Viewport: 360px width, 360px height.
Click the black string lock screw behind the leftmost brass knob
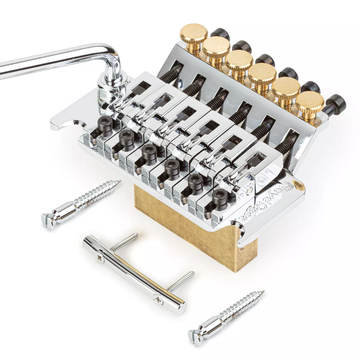point(220,34)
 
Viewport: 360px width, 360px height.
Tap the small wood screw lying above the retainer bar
point(124,241)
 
